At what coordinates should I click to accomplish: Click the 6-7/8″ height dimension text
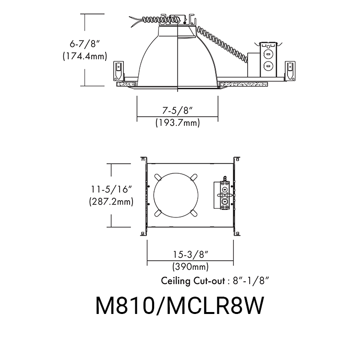point(84,44)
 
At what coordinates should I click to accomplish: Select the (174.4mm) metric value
point(84,56)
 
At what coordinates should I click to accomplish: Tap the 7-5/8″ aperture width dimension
point(177,110)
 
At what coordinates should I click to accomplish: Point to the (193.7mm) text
point(177,123)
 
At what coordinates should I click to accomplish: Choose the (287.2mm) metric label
point(111,202)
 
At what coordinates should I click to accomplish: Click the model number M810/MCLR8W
point(180,306)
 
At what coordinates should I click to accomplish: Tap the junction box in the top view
point(224,195)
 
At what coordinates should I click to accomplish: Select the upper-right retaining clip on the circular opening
point(193,177)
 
